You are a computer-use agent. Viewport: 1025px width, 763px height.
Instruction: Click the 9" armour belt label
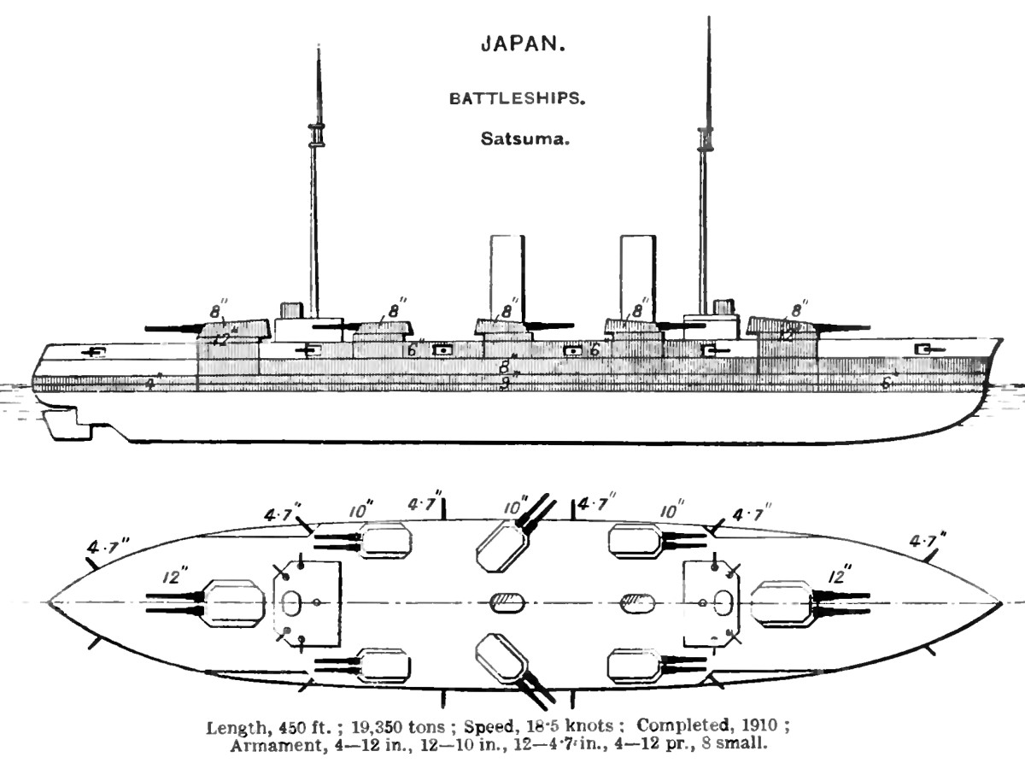tap(505, 384)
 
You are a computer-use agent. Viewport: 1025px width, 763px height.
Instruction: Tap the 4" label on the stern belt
tap(151, 384)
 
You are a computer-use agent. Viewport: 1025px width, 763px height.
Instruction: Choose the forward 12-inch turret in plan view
tap(782, 602)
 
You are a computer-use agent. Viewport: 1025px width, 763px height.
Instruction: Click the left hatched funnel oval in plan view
tap(506, 602)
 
